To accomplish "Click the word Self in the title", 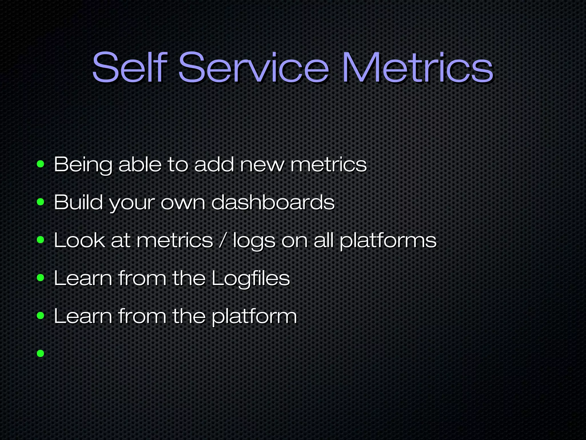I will click(129, 68).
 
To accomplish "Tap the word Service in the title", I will click(254, 68).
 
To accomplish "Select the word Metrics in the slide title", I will click(417, 68).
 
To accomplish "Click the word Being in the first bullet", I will click(83, 165).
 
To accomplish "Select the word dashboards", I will click(273, 202).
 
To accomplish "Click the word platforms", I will click(388, 241).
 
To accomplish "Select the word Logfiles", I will click(251, 278).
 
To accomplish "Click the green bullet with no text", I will click(41, 353).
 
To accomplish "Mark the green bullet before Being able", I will click(41, 165).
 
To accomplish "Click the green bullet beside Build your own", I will click(41, 202).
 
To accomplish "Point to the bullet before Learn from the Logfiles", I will click(41, 278).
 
